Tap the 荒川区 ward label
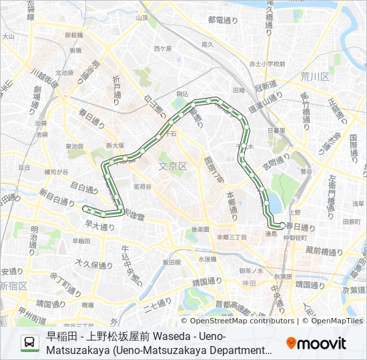tap(314, 77)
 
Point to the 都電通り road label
tap(223, 21)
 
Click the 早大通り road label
tap(100, 227)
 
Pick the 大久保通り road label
tap(91, 263)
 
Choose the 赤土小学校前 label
tap(266, 64)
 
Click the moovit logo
tap(316, 343)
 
